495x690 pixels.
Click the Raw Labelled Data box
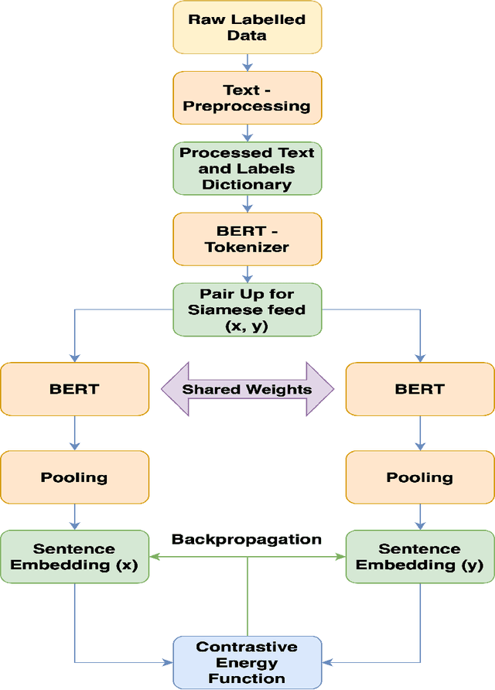pos(247,28)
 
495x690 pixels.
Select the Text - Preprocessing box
pos(247,98)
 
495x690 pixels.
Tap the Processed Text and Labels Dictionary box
pos(247,169)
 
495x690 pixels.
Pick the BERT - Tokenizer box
pos(247,239)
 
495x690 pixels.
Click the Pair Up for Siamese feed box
pos(247,309)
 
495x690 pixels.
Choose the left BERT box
pos(74,388)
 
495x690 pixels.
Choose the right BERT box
pos(420,388)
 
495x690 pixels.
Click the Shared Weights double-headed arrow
pos(247,389)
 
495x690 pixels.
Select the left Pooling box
pos(74,477)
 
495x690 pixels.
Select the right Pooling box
pos(420,477)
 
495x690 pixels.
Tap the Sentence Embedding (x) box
pos(74,557)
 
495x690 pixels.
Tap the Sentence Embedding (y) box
pos(420,557)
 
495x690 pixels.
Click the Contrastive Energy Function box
pos(247,662)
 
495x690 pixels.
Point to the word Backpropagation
pos(247,539)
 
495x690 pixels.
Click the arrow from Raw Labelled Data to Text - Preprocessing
pos(247,63)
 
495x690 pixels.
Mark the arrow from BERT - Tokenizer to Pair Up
pos(247,274)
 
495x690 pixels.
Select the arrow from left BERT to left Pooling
pos(74,432)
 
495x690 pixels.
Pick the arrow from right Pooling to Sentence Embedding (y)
pos(420,517)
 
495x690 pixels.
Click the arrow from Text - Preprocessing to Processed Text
pos(247,133)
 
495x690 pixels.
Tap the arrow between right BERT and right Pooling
pos(420,432)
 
